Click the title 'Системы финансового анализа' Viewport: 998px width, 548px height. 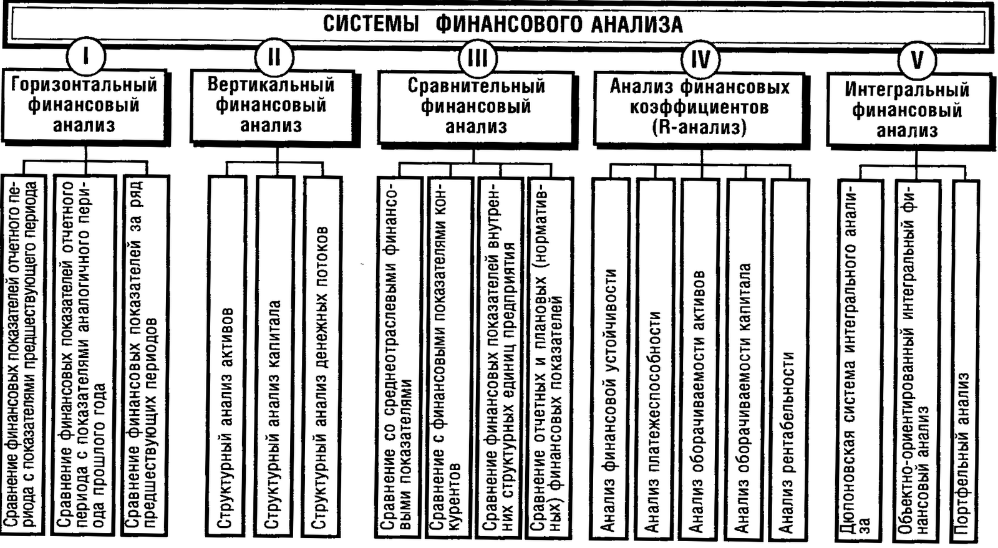pyautogui.click(x=502, y=24)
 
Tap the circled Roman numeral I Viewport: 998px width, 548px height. pyautogui.click(x=85, y=57)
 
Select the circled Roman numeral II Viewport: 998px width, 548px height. pyautogui.click(x=273, y=57)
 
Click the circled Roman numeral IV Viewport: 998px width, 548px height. pyautogui.click(x=700, y=59)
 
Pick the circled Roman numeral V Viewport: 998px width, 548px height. pyautogui.click(x=916, y=60)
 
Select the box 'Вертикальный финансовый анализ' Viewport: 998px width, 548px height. pyautogui.click(x=271, y=105)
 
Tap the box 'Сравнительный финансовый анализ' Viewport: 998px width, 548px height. pyautogui.click(x=476, y=107)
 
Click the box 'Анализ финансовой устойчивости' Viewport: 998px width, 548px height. pyautogui.click(x=610, y=358)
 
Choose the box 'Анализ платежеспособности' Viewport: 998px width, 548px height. pyautogui.click(x=655, y=358)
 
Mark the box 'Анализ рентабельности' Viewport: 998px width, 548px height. pyautogui.click(x=789, y=358)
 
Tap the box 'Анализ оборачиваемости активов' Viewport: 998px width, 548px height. pyautogui.click(x=699, y=358)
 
